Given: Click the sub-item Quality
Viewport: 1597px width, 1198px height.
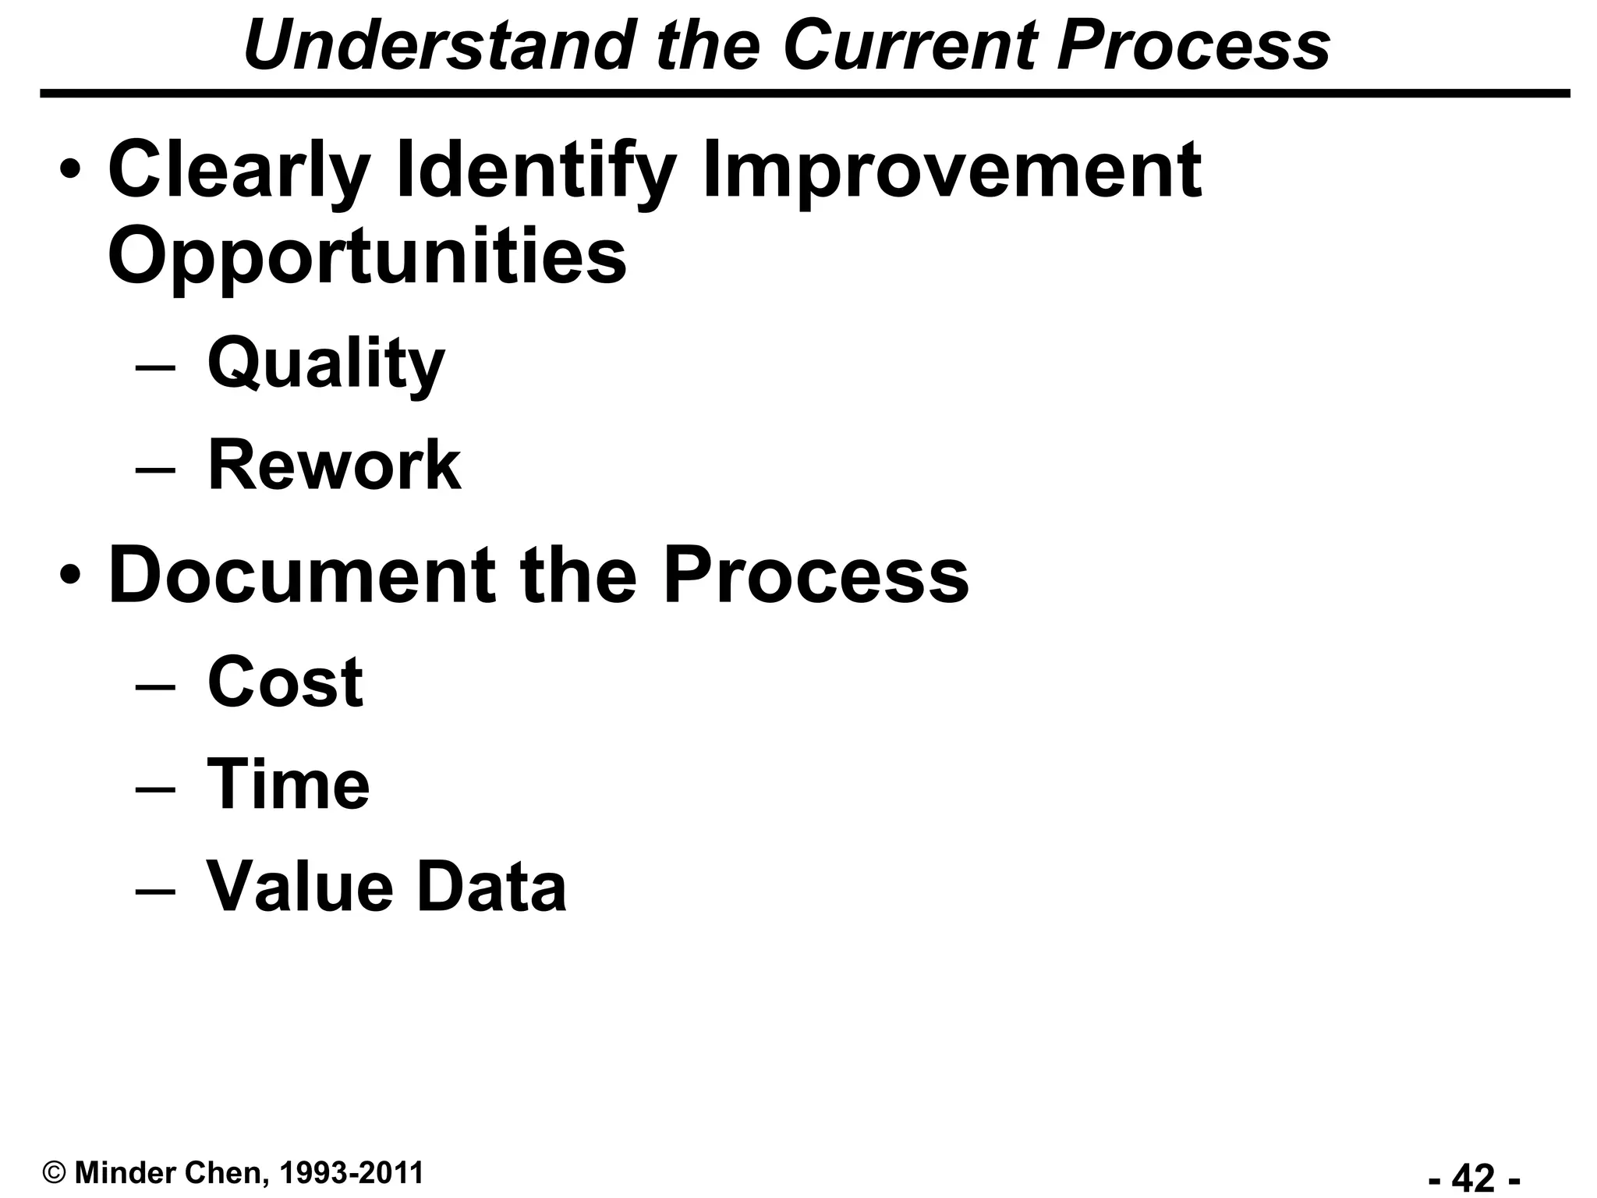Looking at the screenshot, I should [x=326, y=364].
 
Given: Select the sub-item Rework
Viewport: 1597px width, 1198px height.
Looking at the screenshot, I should [x=334, y=466].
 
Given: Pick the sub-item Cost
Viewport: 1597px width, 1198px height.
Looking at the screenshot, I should [x=285, y=682].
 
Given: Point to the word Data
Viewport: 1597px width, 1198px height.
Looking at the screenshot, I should [x=491, y=887].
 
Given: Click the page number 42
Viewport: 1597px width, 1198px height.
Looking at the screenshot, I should [x=1474, y=1177].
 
